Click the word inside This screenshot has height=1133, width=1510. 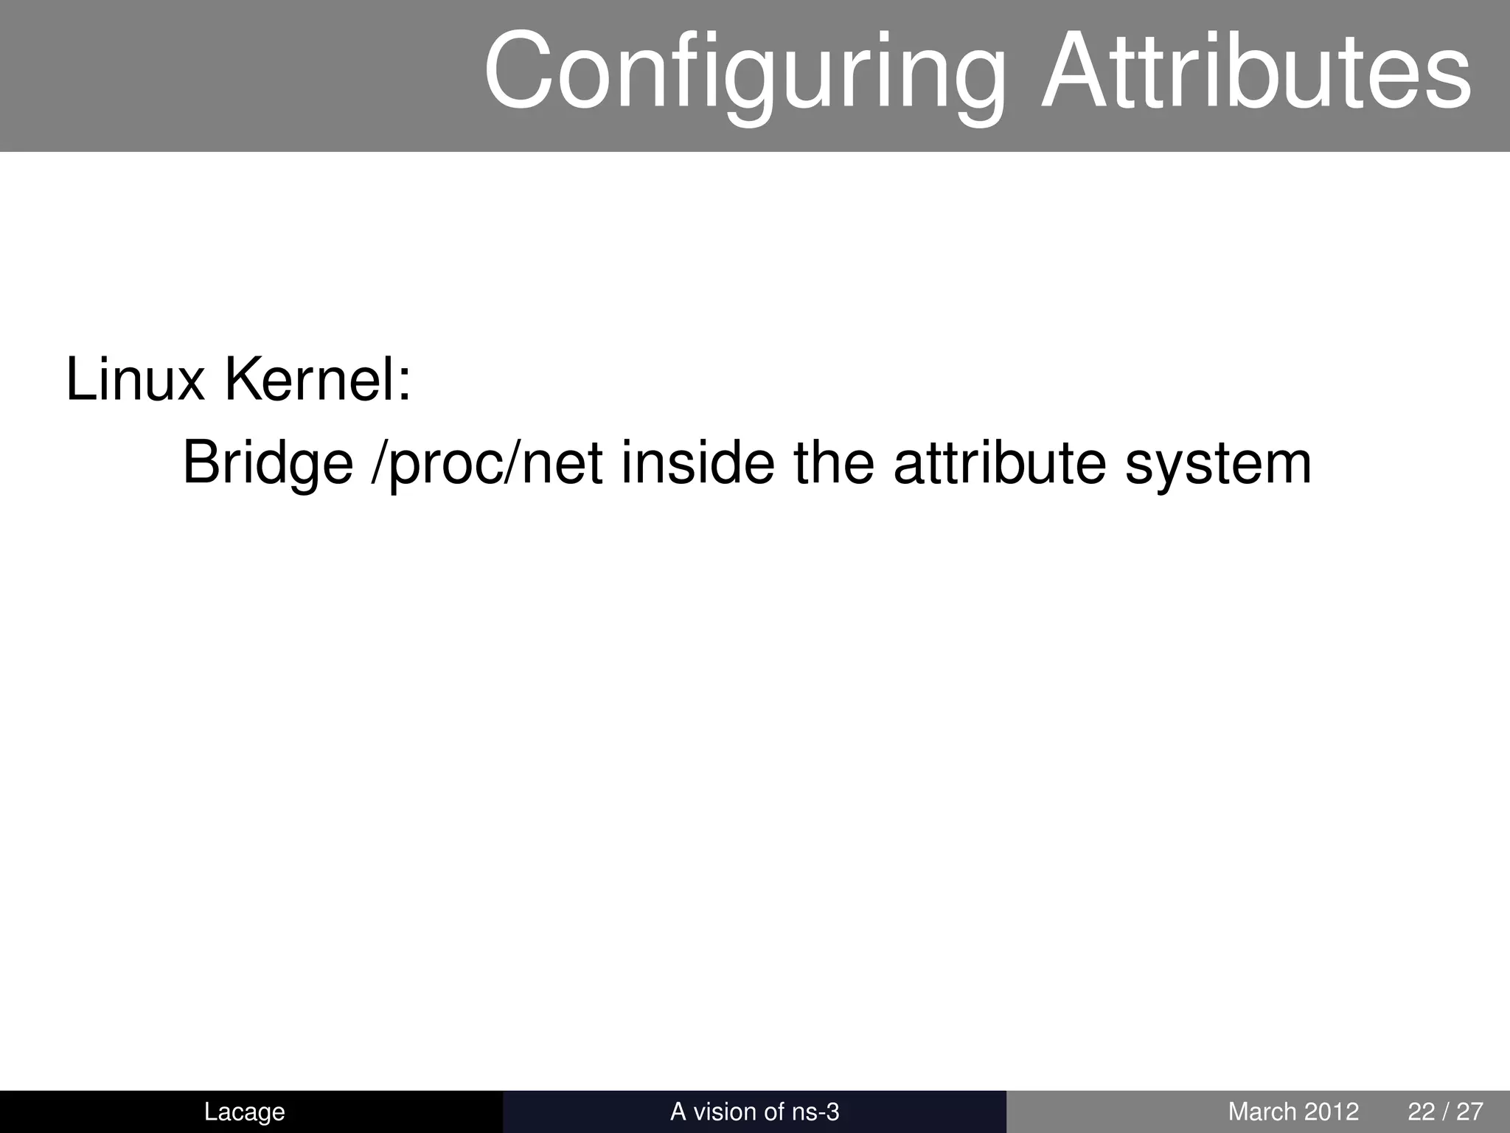coord(697,463)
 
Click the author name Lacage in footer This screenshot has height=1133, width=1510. coord(244,1111)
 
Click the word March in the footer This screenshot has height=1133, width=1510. coord(1262,1111)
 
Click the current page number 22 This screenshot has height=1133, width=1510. coord(1422,1111)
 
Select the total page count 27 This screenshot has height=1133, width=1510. coord(1470,1111)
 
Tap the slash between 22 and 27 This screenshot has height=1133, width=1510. coord(1447,1111)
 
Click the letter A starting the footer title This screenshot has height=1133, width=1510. coord(678,1111)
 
